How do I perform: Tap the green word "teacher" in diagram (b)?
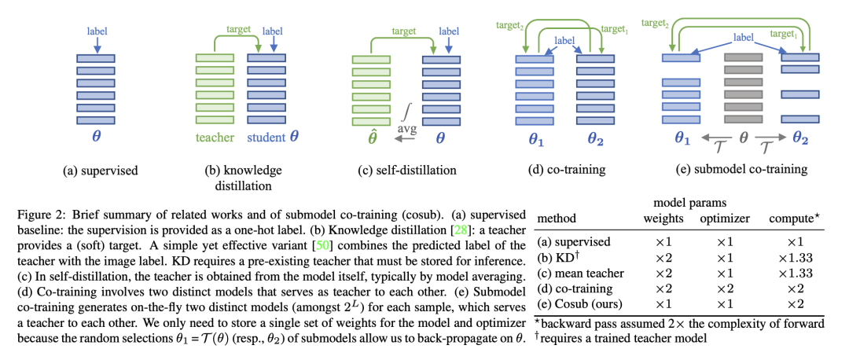click(213, 136)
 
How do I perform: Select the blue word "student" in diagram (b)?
click(263, 136)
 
